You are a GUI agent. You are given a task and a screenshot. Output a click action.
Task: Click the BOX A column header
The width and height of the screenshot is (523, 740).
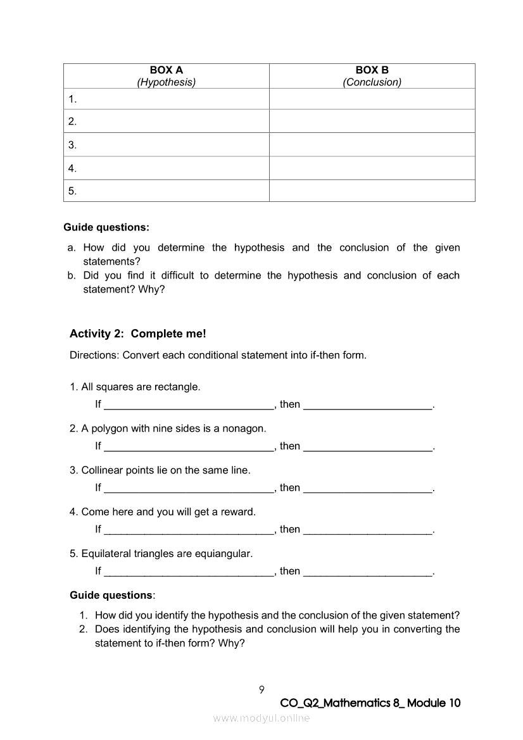pyautogui.click(x=166, y=70)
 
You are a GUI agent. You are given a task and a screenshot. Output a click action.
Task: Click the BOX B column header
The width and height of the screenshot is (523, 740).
pyautogui.click(x=372, y=70)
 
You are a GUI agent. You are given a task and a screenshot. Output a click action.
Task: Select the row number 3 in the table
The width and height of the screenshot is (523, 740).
pyautogui.click(x=73, y=145)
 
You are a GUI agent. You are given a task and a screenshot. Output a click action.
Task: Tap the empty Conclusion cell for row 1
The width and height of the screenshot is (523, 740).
pyautogui.click(x=372, y=99)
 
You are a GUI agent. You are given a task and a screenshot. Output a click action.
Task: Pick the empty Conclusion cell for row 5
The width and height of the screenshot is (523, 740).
pyautogui.click(x=372, y=191)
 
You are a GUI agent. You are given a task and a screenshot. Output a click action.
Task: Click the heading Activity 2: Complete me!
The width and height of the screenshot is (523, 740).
pyautogui.click(x=137, y=334)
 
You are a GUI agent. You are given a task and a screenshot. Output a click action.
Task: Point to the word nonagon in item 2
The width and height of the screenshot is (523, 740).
pyautogui.click(x=245, y=429)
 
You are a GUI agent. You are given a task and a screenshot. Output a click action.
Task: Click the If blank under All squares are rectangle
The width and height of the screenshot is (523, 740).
pyautogui.click(x=188, y=406)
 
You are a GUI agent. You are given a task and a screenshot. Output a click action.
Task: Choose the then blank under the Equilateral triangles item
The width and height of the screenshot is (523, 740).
pyautogui.click(x=368, y=572)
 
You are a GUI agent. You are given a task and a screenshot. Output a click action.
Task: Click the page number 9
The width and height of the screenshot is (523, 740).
pyautogui.click(x=261, y=689)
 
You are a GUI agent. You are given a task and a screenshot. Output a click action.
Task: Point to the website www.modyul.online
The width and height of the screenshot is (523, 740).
pyautogui.click(x=261, y=718)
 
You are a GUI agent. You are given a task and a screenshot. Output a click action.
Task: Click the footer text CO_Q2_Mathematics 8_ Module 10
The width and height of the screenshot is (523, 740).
pyautogui.click(x=370, y=703)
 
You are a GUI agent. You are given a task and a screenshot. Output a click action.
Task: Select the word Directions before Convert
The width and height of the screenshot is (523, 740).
pyautogui.click(x=94, y=355)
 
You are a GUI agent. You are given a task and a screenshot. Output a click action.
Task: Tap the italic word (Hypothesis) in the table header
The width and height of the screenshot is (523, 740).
pyautogui.click(x=166, y=82)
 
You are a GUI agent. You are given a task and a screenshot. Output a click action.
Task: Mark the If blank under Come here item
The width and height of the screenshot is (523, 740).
pyautogui.click(x=188, y=530)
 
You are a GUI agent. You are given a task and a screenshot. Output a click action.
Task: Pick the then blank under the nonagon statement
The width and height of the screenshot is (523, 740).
pyautogui.click(x=368, y=448)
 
